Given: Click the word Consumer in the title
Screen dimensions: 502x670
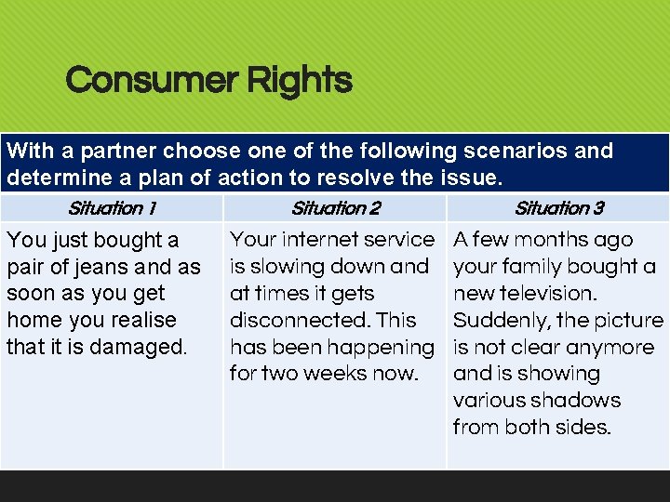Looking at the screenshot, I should click(x=149, y=80).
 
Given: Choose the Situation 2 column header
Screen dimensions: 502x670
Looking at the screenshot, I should click(x=335, y=208).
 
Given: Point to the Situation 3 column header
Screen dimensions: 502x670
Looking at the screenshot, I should click(x=558, y=208).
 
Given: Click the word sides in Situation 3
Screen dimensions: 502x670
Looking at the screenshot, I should click(x=583, y=428).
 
